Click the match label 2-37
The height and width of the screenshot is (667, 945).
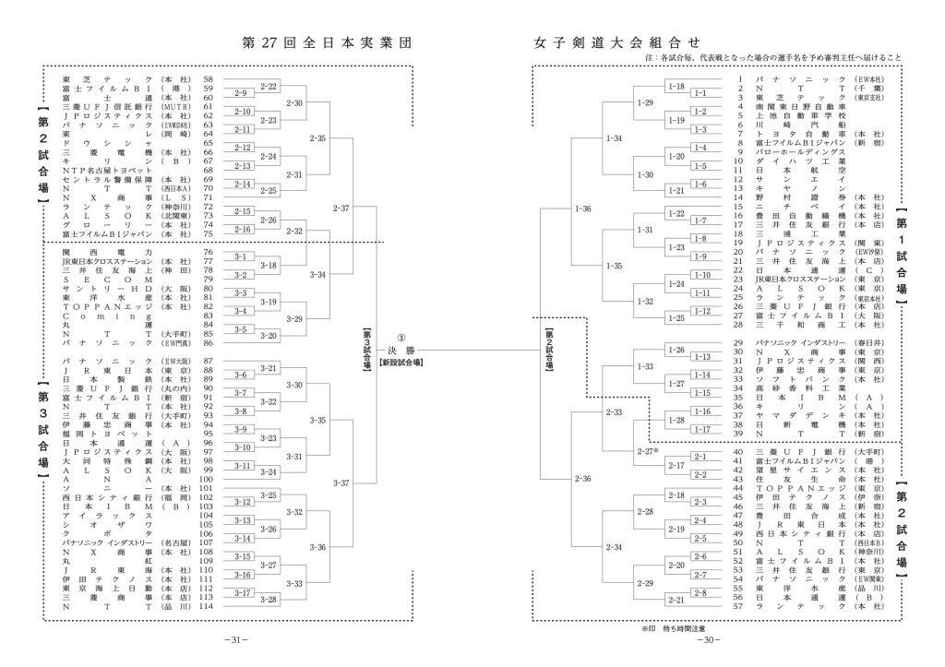click(341, 208)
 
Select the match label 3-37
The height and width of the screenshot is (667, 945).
click(341, 482)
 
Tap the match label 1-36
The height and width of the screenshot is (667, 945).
click(582, 208)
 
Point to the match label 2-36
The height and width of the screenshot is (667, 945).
click(582, 479)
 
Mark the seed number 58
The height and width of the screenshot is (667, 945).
click(208, 79)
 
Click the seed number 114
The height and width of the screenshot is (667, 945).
click(207, 606)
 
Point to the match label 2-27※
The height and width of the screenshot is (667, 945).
click(646, 451)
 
